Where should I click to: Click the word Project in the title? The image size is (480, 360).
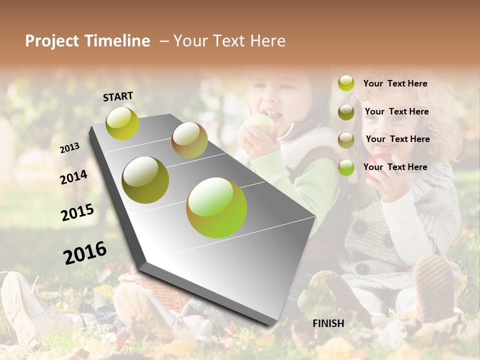(51, 41)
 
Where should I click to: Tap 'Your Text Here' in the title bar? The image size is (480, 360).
(229, 41)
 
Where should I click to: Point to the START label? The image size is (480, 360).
(118, 96)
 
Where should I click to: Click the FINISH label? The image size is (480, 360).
(328, 323)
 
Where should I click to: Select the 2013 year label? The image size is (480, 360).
(69, 147)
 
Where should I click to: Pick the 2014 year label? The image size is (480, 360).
(73, 177)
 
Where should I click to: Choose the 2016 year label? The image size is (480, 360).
(85, 253)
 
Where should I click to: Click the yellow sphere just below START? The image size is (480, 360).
(122, 123)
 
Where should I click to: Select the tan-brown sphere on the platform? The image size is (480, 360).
(189, 140)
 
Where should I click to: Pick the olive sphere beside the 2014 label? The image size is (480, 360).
(145, 179)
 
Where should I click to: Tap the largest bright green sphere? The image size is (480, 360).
(216, 207)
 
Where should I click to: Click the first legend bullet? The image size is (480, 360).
(346, 83)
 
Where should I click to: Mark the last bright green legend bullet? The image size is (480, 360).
(346, 167)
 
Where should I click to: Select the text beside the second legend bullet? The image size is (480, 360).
(396, 111)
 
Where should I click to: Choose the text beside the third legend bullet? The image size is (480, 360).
(397, 139)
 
